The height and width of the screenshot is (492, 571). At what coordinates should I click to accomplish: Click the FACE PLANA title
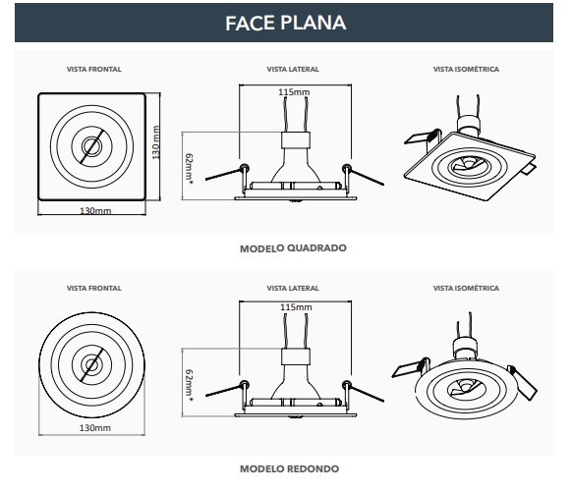[x=285, y=23]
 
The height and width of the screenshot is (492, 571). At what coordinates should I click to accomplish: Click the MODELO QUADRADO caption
[x=293, y=248]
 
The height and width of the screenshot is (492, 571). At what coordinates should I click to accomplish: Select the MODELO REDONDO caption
[x=290, y=468]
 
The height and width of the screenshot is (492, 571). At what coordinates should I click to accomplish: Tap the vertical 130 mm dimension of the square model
[x=156, y=142]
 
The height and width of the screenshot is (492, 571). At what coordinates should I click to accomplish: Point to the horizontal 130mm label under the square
[x=95, y=211]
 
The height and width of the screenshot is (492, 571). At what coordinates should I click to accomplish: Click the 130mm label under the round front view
[x=95, y=428]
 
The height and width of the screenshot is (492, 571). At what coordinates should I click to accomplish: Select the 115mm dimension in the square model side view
[x=294, y=92]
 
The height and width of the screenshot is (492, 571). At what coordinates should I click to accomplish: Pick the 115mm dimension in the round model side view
[x=296, y=307]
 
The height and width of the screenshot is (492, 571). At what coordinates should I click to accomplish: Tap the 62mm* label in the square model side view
[x=189, y=169]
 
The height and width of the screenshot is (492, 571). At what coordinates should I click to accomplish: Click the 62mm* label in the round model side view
[x=189, y=385]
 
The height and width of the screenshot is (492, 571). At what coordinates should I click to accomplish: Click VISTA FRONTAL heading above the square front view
[x=94, y=69]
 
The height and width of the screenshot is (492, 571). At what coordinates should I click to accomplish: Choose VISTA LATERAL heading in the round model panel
[x=293, y=288]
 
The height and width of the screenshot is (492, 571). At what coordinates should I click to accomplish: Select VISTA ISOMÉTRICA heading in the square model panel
[x=466, y=69]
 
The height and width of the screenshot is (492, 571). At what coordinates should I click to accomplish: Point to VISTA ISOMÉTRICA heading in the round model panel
[x=466, y=288]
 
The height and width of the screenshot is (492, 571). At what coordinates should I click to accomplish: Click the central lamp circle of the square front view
[x=89, y=146]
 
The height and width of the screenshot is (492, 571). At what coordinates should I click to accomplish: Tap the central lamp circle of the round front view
[x=89, y=365]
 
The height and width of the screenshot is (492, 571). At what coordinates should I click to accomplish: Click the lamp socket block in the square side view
[x=296, y=140]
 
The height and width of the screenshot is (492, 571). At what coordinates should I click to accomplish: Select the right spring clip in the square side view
[x=363, y=174]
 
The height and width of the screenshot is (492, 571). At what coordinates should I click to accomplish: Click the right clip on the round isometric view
[x=523, y=382]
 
